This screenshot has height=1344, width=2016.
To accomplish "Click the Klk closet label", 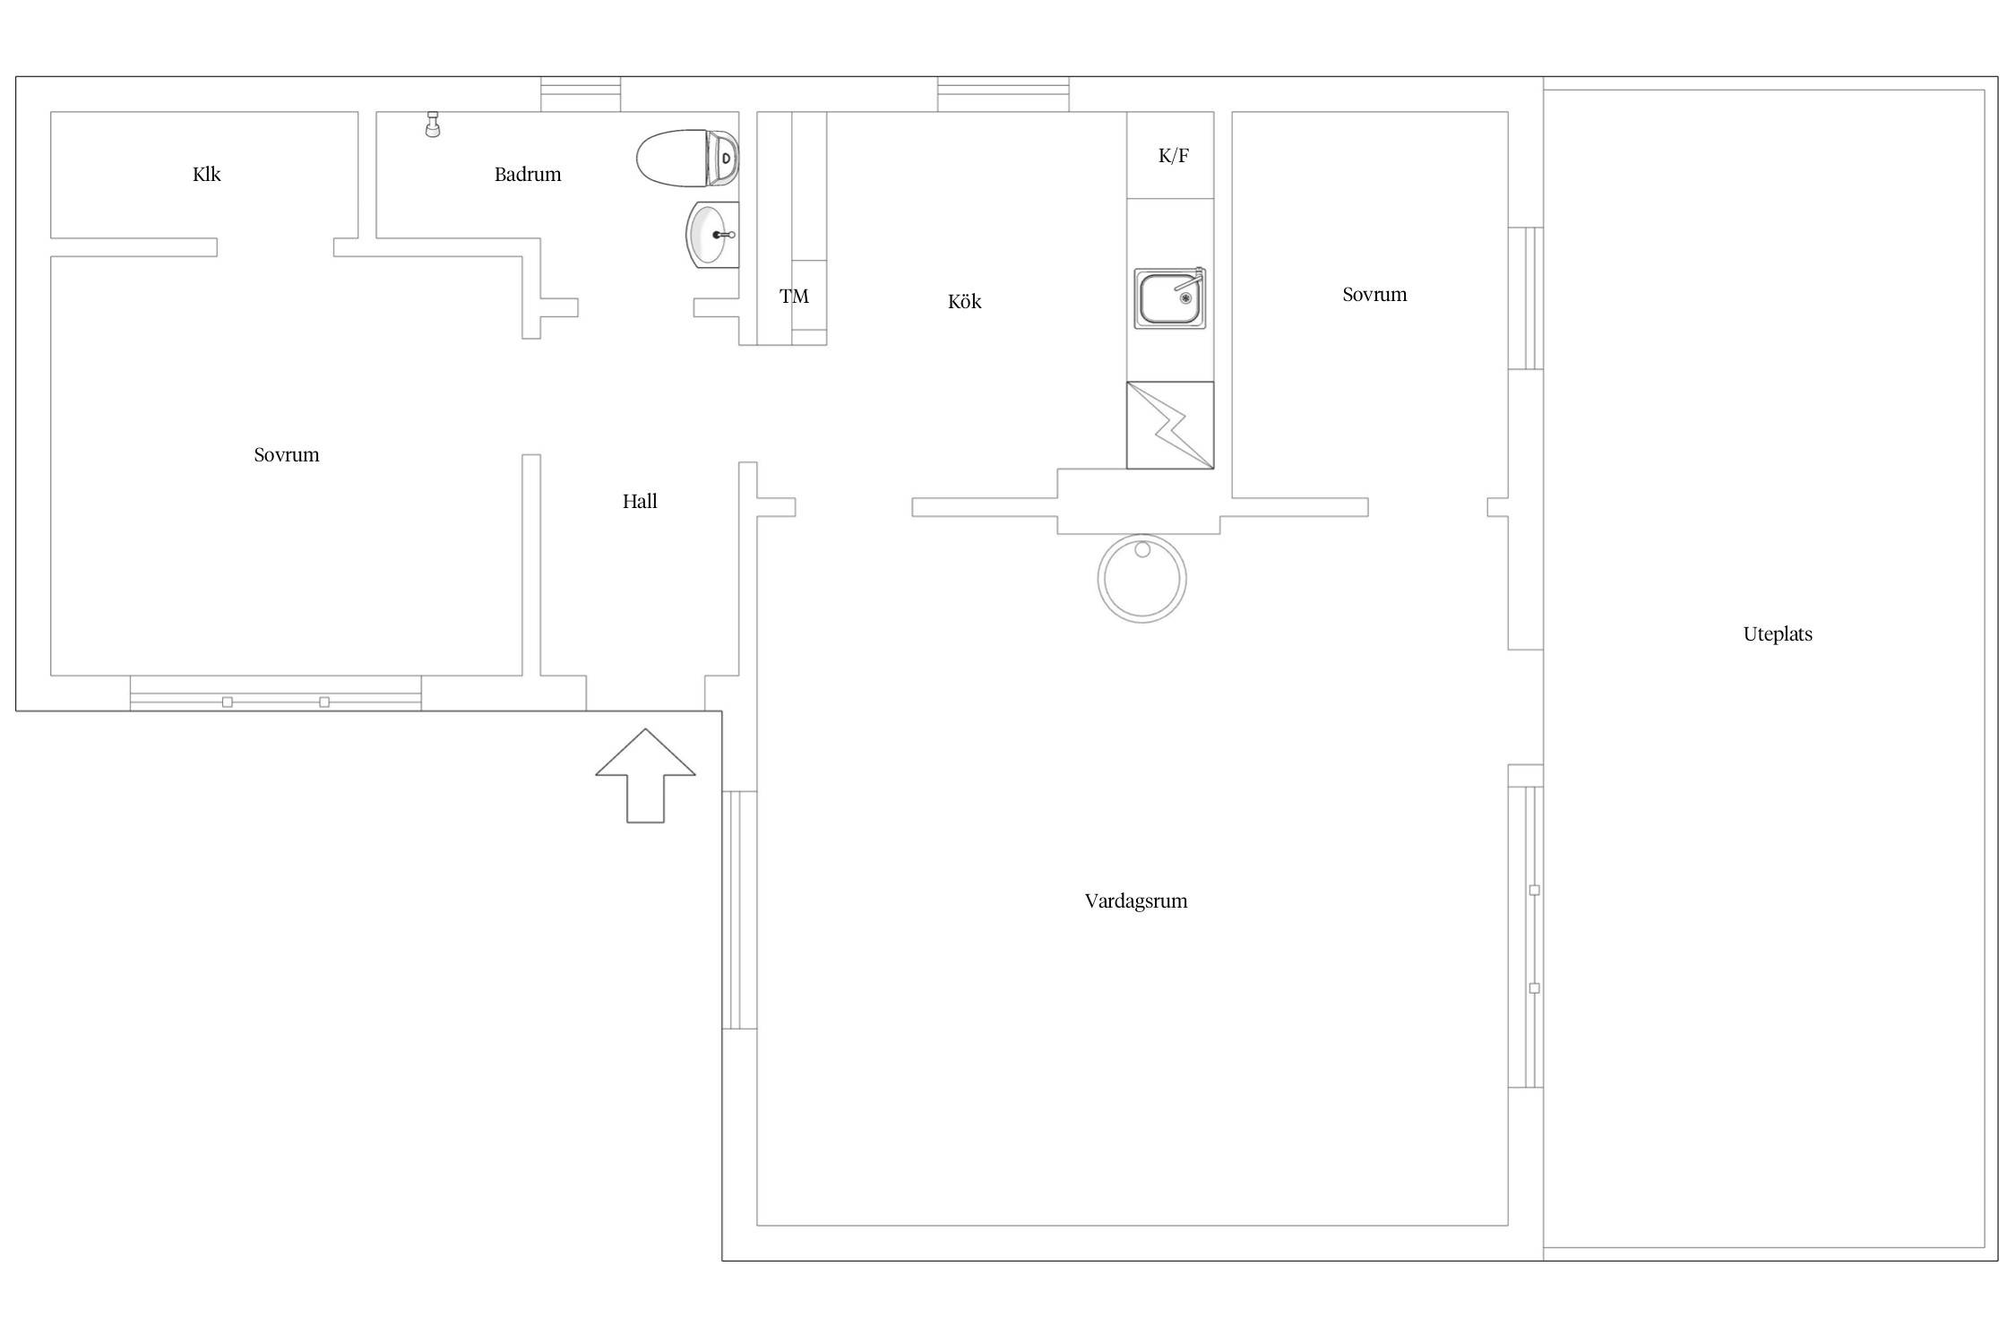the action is click(x=206, y=174).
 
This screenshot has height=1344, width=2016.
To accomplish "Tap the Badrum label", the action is click(x=528, y=174).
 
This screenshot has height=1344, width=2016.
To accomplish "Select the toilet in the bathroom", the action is click(x=688, y=159).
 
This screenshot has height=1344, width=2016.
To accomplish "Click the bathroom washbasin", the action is click(x=712, y=235).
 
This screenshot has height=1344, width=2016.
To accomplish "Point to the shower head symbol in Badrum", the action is click(x=433, y=125).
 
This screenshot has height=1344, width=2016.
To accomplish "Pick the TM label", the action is click(x=794, y=297).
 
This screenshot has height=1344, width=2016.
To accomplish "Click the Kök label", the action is click(x=964, y=301).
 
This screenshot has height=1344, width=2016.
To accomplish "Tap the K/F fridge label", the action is click(x=1173, y=156).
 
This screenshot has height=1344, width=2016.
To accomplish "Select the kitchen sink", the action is click(x=1170, y=298).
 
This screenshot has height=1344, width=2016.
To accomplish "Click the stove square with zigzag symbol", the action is click(x=1170, y=426).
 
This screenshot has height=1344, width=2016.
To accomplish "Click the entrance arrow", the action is click(x=645, y=776).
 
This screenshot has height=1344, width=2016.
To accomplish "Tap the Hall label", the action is click(x=640, y=502).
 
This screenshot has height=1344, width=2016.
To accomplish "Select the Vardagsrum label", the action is click(x=1136, y=901).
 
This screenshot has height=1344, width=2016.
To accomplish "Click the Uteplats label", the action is click(x=1778, y=634).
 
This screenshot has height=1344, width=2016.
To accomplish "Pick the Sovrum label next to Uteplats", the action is click(x=1374, y=295).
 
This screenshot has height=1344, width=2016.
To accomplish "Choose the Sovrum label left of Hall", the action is click(x=287, y=455).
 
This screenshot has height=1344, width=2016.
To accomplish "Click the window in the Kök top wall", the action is click(x=1004, y=94).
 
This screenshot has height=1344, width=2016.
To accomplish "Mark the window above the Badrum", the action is click(x=581, y=94).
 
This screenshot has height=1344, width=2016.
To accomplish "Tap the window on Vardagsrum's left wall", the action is click(x=739, y=910).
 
